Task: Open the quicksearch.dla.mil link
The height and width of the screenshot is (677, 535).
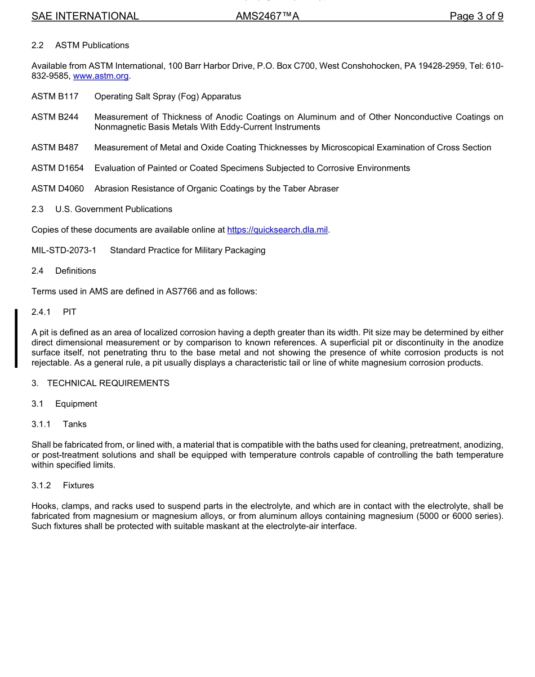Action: coord(277,230)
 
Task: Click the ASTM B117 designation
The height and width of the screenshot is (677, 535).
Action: coord(55,97)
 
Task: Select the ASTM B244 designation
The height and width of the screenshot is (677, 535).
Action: coord(55,117)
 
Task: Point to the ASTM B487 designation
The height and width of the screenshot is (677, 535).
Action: coord(55,148)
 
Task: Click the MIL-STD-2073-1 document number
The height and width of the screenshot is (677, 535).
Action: coord(64,250)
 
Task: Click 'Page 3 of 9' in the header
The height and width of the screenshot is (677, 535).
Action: coord(476,16)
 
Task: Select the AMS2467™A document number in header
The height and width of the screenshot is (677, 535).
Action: coord(267,16)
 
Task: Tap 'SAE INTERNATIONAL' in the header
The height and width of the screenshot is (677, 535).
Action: coord(85,16)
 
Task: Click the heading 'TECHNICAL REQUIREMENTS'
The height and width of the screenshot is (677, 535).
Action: coord(108,384)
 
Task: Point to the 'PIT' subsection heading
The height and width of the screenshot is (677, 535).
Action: coord(70,312)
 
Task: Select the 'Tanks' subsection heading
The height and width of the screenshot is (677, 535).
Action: coord(75,424)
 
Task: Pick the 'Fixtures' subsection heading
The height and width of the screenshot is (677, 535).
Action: coord(78,486)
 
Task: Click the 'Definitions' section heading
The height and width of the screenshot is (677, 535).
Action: coord(75,271)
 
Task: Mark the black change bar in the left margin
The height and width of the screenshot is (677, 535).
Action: coord(16,338)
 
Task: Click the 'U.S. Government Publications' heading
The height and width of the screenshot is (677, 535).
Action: coord(114,210)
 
